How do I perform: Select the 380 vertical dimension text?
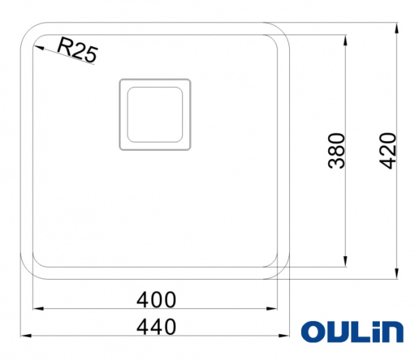pyautogui.click(x=337, y=151)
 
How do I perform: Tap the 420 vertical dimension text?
pyautogui.click(x=388, y=151)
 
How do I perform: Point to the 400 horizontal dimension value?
pyautogui.click(x=156, y=299)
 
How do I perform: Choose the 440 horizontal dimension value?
pyautogui.click(x=156, y=327)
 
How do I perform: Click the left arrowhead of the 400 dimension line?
pyautogui.click(x=38, y=308)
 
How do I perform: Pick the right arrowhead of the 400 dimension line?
pyautogui.click(x=274, y=308)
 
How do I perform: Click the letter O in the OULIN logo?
pyautogui.click(x=312, y=332)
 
